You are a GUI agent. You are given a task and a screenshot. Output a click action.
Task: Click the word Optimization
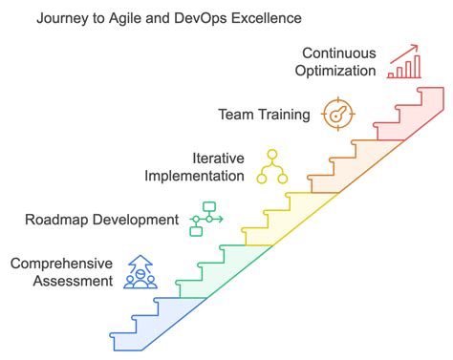pos(337,71)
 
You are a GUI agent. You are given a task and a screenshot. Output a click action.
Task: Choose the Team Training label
pos(265,115)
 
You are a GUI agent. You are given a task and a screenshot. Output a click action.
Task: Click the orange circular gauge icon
pos(337,114)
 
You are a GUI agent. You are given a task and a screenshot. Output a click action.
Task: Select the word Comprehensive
pos(61,263)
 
